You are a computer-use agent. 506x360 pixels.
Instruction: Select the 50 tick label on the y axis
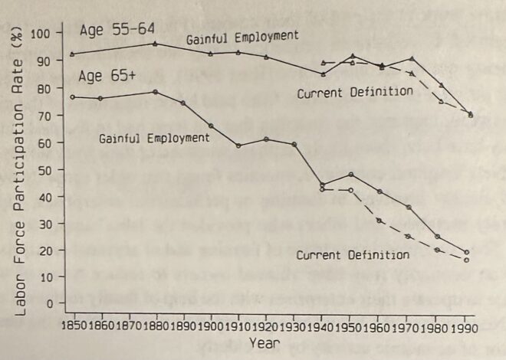[48, 169]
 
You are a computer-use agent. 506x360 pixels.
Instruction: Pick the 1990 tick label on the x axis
[469, 326]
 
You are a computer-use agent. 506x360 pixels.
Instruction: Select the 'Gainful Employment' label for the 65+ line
[154, 138]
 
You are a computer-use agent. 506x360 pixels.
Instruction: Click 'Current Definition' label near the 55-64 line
[355, 91]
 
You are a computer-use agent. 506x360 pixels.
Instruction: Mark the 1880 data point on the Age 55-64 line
[156, 44]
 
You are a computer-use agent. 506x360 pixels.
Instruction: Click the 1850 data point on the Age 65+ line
[72, 97]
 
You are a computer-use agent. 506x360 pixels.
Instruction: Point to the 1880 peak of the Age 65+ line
[156, 92]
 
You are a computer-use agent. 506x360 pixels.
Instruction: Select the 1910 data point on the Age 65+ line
[239, 146]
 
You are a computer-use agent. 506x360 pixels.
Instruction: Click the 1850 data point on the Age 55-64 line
[72, 54]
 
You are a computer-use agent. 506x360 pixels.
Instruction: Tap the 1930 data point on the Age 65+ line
[294, 144]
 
